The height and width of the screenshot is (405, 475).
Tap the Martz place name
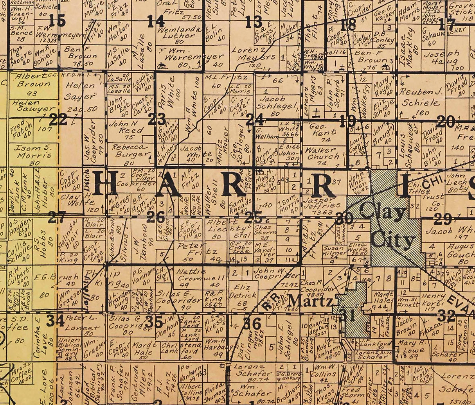(311, 301)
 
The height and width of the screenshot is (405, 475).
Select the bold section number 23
(157, 119)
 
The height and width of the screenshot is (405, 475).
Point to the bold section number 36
(252, 323)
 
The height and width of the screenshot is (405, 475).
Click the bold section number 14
(156, 22)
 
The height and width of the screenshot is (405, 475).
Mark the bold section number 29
(443, 219)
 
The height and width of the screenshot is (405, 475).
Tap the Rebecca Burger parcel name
(130, 151)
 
